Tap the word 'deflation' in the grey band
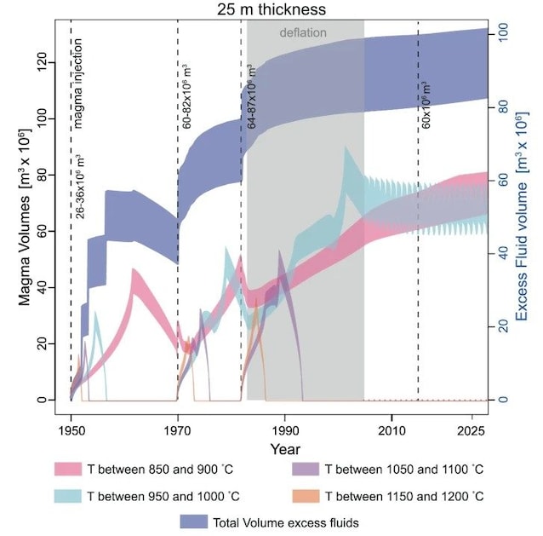[304, 32]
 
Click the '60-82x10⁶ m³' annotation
[186, 97]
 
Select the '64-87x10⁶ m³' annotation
[251, 97]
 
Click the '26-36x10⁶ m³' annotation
[79, 187]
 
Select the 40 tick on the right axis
[503, 254]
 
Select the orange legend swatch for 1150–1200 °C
[302, 495]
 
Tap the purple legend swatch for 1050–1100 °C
[302, 469]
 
